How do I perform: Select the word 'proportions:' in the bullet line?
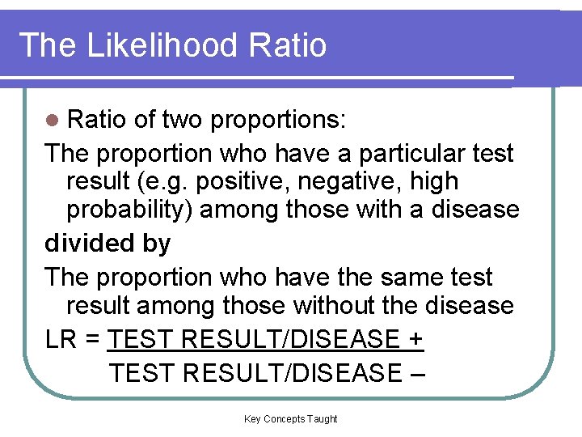(279, 121)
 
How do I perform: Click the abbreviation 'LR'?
(61, 340)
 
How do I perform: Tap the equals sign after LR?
(92, 340)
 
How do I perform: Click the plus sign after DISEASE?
(415, 340)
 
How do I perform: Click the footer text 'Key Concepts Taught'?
(291, 419)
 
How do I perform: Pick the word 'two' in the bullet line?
(183, 121)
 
